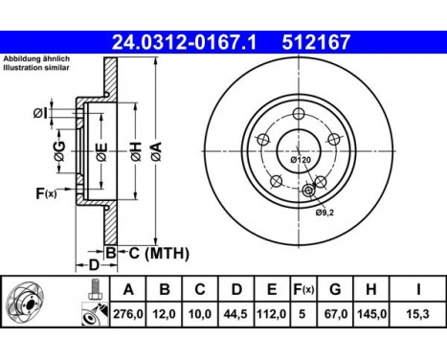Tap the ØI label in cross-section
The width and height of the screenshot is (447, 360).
39,114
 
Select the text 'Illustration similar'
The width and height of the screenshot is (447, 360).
36,69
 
